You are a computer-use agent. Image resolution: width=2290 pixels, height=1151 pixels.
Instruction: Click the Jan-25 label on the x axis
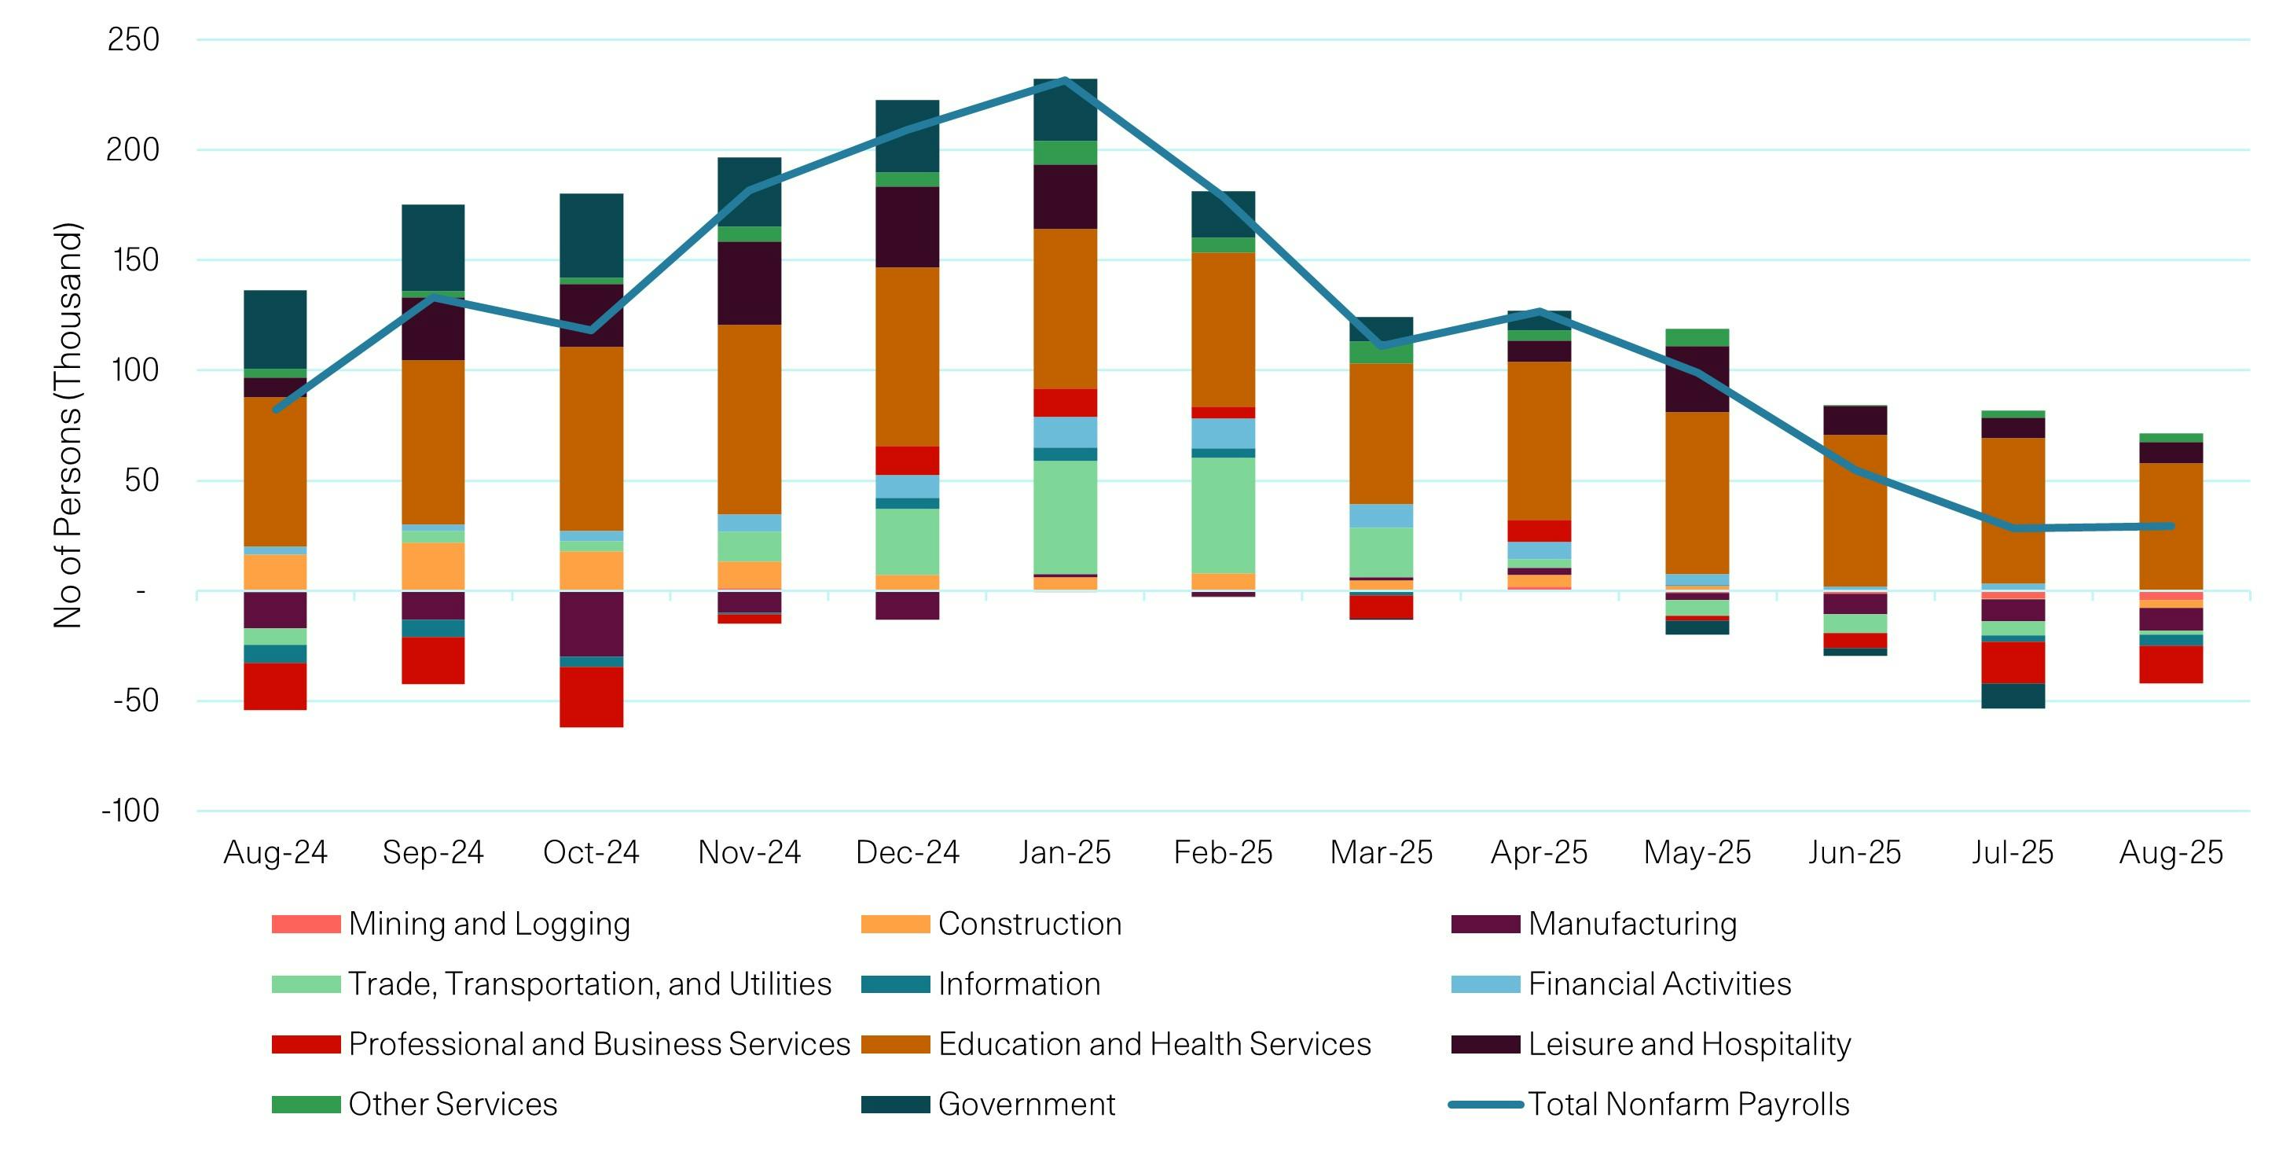1064,852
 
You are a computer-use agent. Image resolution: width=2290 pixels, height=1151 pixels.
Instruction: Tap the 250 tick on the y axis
134,40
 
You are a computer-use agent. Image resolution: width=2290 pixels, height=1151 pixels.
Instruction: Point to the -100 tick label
130,811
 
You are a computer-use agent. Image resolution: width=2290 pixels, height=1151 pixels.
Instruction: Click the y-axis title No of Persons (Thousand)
68,425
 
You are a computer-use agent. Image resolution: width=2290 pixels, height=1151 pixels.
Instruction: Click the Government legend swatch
895,1105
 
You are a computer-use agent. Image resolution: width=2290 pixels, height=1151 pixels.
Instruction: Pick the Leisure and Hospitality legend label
1689,1043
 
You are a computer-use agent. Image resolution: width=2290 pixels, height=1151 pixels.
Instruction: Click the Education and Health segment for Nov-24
750,418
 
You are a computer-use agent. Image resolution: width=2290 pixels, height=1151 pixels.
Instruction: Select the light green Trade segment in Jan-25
1064,517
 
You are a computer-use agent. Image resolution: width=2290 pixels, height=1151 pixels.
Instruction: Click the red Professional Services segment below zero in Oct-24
591,697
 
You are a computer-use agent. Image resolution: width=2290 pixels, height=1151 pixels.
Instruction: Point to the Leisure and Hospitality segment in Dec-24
907,227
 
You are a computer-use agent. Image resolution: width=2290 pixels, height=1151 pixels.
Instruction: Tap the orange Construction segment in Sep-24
433,566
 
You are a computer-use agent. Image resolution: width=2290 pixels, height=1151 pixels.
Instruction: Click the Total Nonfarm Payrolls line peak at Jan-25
1064,80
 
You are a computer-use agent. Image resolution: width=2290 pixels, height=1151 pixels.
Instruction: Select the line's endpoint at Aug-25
2170,526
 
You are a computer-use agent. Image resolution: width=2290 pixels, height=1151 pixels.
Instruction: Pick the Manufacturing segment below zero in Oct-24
591,623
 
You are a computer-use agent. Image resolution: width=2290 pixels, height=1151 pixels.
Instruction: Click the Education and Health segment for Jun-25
1855,509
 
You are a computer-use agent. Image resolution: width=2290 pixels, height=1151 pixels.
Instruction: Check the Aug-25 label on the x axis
2170,852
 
